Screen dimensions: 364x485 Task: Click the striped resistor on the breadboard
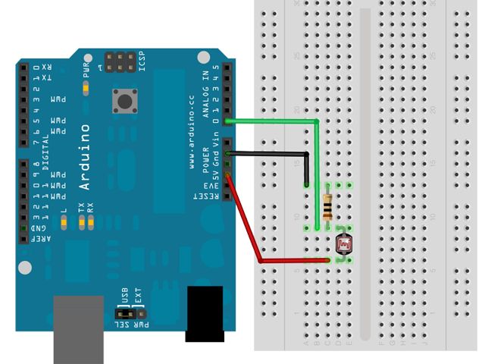click(x=327, y=206)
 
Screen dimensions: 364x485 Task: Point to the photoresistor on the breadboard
click(x=344, y=243)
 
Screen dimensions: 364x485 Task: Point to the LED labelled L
click(x=64, y=221)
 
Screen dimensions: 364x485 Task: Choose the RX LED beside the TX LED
click(x=90, y=221)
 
